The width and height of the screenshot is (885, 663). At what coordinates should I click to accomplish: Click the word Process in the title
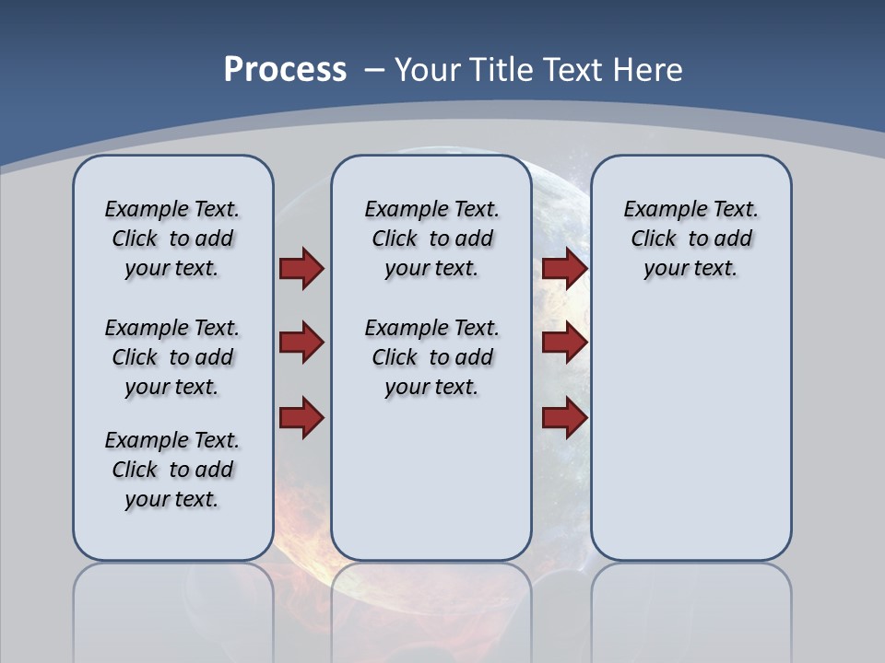(x=285, y=69)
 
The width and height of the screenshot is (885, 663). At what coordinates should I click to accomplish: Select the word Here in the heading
(x=645, y=69)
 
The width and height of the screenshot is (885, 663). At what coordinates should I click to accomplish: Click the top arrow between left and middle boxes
(x=301, y=269)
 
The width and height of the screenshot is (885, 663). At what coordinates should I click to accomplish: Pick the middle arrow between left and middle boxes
(x=301, y=343)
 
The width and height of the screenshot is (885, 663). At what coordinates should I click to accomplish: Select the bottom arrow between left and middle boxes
(x=301, y=417)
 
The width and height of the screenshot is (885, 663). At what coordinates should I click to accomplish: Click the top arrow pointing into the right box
(x=564, y=269)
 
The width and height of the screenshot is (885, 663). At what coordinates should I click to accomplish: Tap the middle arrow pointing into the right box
(x=564, y=343)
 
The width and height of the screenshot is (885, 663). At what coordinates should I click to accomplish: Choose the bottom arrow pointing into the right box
(x=564, y=417)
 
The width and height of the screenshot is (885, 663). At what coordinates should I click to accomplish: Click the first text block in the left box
(x=172, y=238)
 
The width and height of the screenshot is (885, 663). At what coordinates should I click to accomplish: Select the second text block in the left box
(x=172, y=357)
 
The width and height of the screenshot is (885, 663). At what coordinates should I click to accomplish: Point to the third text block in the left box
(x=172, y=470)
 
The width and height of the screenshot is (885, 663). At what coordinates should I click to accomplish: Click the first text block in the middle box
(x=431, y=238)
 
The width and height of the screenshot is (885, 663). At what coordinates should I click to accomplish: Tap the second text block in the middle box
(x=431, y=357)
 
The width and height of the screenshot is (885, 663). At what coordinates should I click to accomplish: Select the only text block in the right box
(x=690, y=238)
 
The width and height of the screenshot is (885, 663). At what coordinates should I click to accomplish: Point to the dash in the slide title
(x=374, y=69)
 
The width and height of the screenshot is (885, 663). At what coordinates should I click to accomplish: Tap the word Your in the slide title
(x=429, y=69)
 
